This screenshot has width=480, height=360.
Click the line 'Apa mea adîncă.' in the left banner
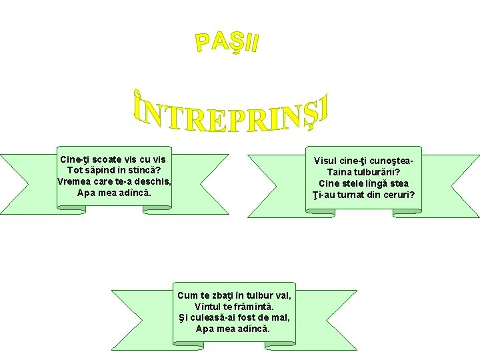click(x=114, y=193)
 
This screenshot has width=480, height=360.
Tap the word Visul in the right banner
click(x=327, y=161)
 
